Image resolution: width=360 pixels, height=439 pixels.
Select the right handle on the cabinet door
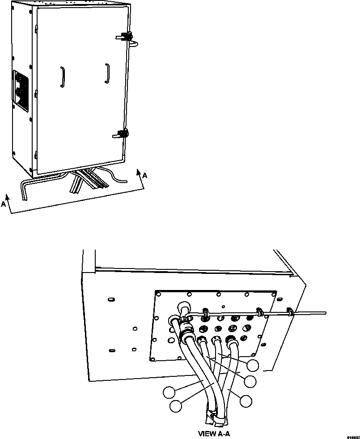click(x=107, y=73)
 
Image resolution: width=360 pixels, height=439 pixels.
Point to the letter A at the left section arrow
click(x=4, y=204)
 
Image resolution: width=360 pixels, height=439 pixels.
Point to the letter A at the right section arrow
click(x=144, y=176)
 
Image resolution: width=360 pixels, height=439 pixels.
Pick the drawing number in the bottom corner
click(x=352, y=436)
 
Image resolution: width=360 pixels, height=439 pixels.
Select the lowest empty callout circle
click(x=176, y=406)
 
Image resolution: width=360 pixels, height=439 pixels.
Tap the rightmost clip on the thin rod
click(x=289, y=311)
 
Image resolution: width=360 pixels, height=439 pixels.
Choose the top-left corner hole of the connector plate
click(x=158, y=294)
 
